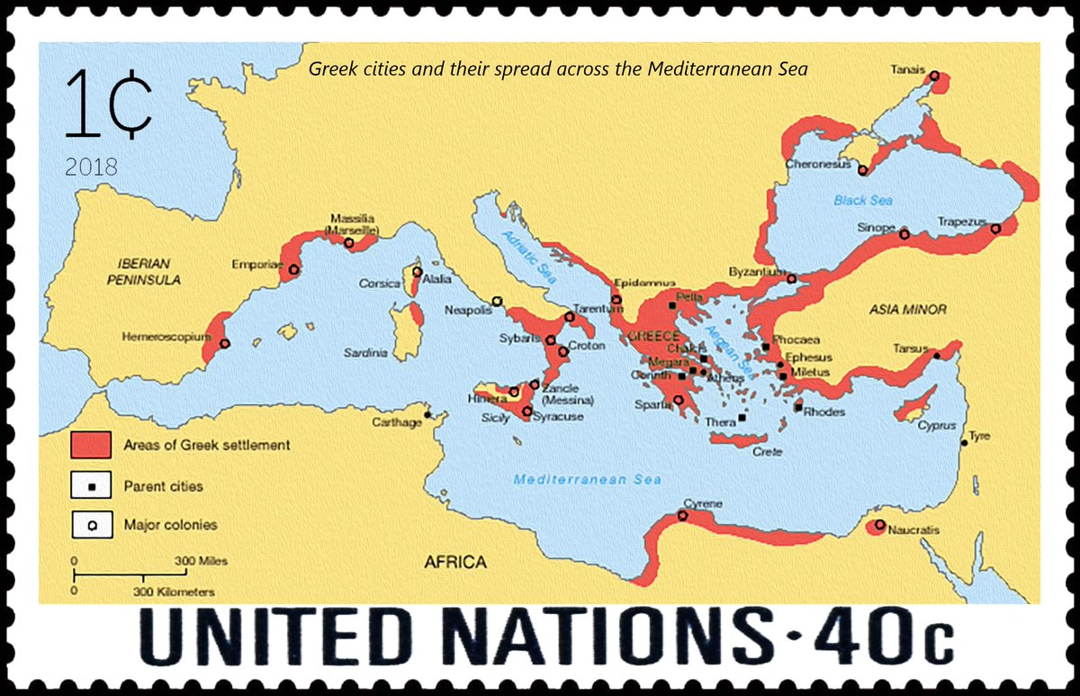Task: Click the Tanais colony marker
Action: pos(934,77)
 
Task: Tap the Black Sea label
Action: pos(861,201)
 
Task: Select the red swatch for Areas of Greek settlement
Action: pos(91,445)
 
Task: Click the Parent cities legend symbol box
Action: pos(91,486)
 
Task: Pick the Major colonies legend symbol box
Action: pos(91,525)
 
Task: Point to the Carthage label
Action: pos(397,422)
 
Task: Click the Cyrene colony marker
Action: pos(682,516)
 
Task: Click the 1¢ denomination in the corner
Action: pos(106,106)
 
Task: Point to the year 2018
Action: pos(91,167)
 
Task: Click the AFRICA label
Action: pos(454,563)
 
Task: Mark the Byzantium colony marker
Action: pos(791,279)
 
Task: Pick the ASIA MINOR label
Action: pos(907,310)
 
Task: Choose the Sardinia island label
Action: pos(365,354)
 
